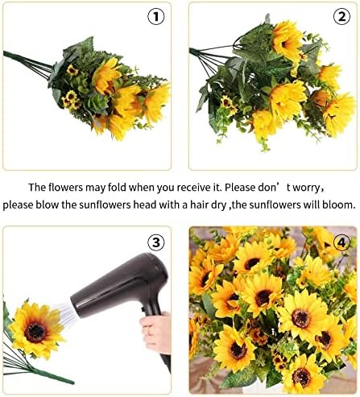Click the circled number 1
(x=155, y=18)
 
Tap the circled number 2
(x=341, y=18)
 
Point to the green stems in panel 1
(x=24, y=60)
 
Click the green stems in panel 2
(x=211, y=55)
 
